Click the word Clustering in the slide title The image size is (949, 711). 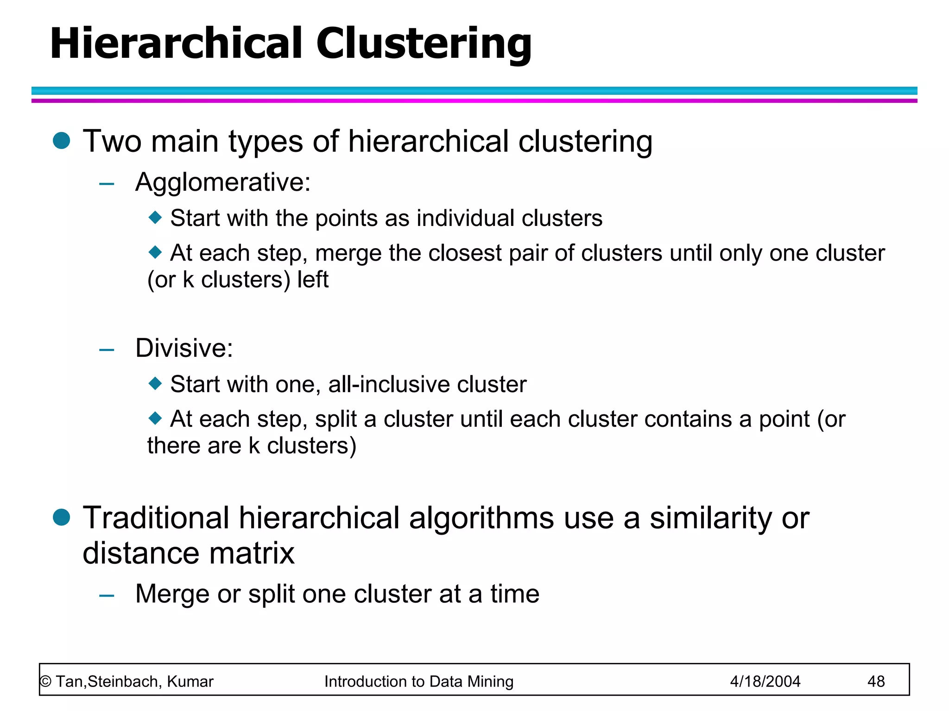[424, 44]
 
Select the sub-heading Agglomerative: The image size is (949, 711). [223, 182]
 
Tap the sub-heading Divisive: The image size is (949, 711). [184, 348]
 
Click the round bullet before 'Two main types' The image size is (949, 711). [61, 140]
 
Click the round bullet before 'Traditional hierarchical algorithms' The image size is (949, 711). [61, 517]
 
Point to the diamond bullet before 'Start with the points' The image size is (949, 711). [155, 217]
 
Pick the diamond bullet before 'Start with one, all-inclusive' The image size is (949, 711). [155, 383]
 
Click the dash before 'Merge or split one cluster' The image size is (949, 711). [107, 595]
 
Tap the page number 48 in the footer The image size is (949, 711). [876, 681]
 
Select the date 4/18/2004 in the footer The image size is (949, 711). [765, 681]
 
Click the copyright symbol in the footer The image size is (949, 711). [45, 681]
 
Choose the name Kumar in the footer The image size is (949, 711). [190, 681]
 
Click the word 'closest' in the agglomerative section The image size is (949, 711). [465, 253]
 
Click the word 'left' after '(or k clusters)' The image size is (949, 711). [313, 280]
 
